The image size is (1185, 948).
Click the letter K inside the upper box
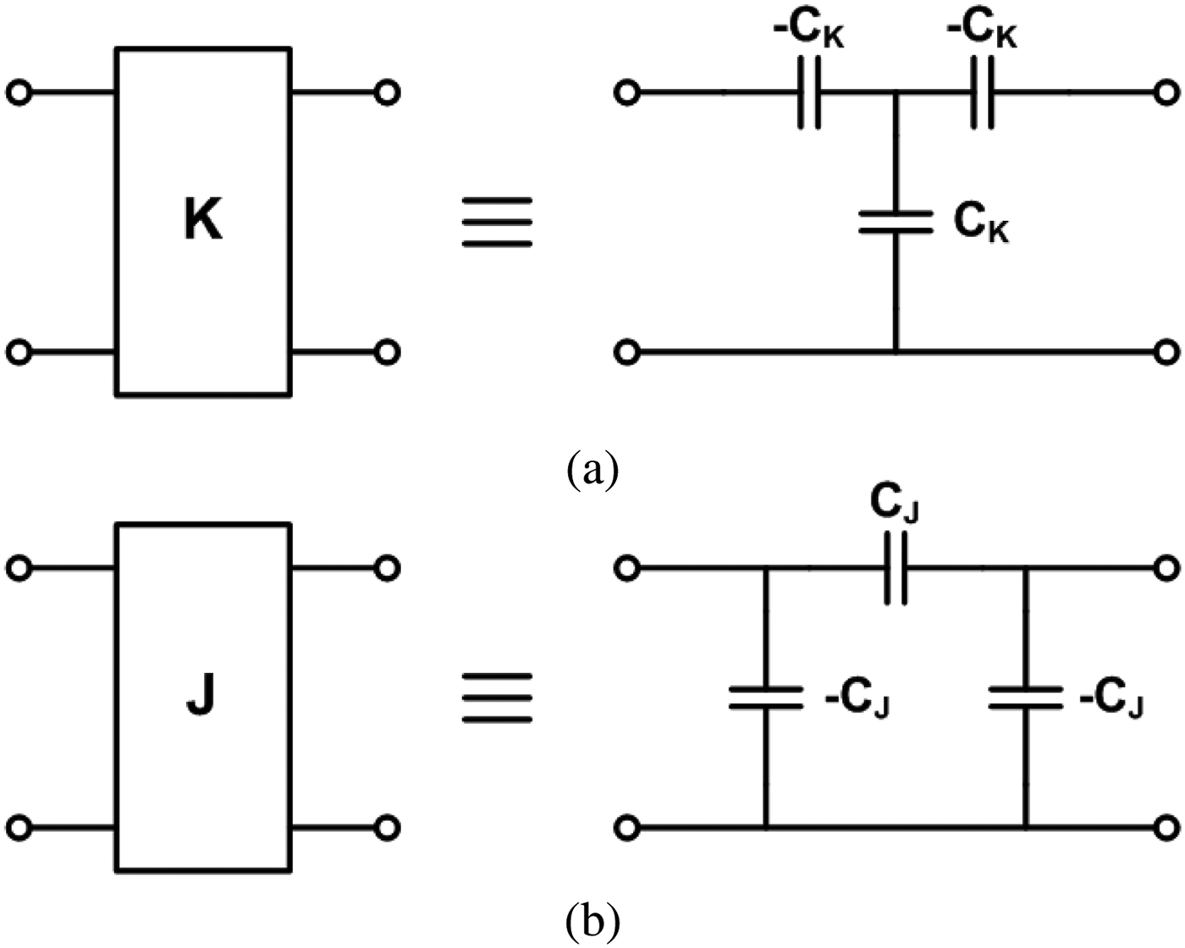coord(203,221)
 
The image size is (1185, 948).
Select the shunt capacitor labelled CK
coord(896,223)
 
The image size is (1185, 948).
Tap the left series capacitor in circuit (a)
coord(809,93)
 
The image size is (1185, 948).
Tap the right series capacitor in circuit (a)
coord(982,93)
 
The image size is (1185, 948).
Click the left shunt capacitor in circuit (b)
coord(765,697)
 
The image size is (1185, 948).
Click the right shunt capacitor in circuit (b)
coord(1025,697)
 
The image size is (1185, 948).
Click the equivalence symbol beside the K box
coord(497,222)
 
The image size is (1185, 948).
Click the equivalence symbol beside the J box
coord(497,697)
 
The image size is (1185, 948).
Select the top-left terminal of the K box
coord(19,92)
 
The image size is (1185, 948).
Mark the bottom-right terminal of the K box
coord(386,351)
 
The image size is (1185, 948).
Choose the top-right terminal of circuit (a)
coord(1166,93)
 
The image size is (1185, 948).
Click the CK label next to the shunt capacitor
coord(981,223)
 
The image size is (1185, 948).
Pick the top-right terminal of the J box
coord(386,569)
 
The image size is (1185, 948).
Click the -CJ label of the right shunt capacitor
coord(1111,701)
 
